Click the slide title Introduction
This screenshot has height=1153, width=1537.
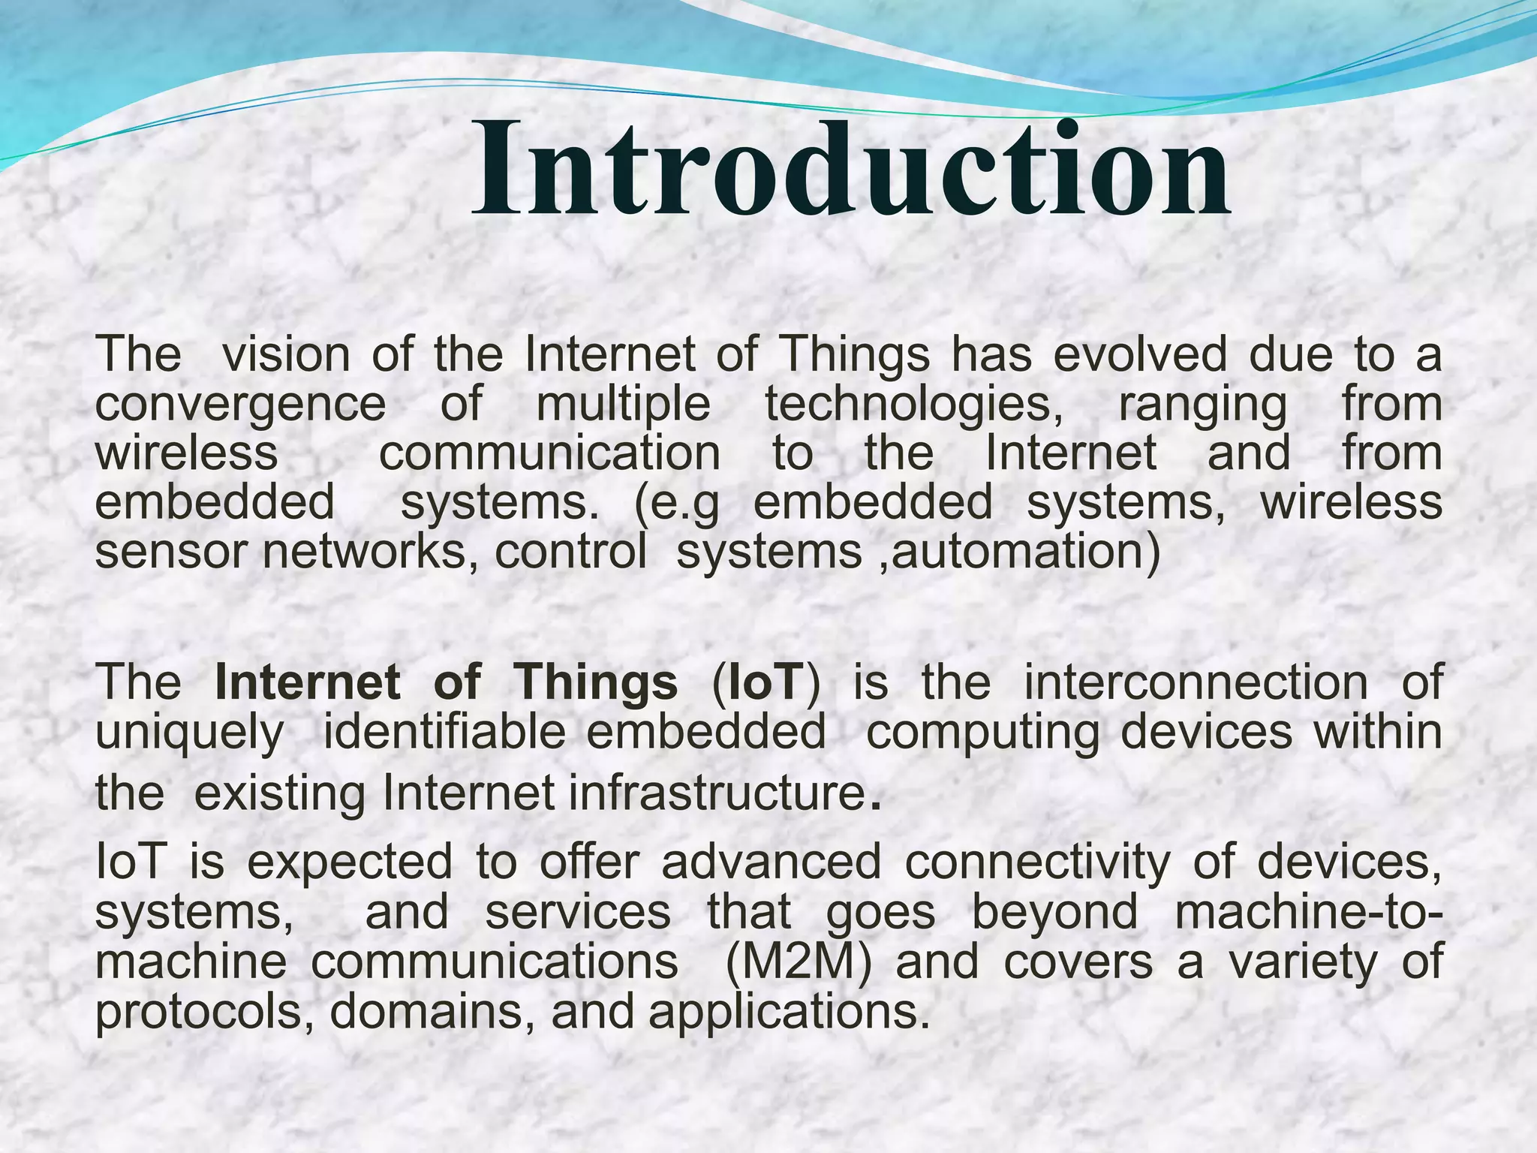850,169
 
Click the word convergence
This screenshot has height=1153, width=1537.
240,405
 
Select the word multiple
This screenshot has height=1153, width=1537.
623,405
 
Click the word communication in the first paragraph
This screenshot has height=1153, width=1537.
549,454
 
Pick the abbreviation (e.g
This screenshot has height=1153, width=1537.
676,503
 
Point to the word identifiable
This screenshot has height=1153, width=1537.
444,733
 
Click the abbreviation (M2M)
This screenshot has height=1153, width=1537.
799,963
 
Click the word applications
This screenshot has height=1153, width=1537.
784,1013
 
